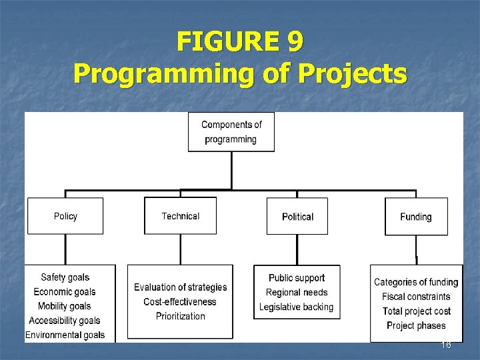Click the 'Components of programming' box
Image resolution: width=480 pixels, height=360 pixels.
point(231,132)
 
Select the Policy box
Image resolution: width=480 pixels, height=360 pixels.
point(65,216)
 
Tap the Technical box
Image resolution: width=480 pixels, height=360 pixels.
point(180,216)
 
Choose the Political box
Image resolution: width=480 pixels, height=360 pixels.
point(297,217)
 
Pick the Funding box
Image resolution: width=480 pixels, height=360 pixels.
point(416,217)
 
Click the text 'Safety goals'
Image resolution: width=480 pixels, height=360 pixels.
point(65,277)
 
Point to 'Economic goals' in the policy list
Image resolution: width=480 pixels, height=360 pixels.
point(65,292)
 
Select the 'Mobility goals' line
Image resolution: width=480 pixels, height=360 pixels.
point(65,307)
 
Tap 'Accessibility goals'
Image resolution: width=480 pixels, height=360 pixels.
point(65,321)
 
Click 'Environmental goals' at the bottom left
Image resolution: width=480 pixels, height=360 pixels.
point(65,335)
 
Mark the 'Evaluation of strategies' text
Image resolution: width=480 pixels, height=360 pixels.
point(180,287)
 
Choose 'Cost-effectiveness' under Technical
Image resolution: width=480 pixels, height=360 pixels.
point(180,302)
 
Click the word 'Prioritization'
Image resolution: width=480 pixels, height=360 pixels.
point(180,316)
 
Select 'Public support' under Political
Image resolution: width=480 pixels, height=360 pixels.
point(297,278)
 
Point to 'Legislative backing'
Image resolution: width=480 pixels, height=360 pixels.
point(297,307)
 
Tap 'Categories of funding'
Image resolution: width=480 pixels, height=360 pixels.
point(416,283)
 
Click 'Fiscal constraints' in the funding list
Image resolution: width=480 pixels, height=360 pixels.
point(416,297)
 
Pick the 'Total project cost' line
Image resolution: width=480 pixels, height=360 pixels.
point(416,311)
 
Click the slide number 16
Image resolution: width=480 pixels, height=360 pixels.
point(446,345)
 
